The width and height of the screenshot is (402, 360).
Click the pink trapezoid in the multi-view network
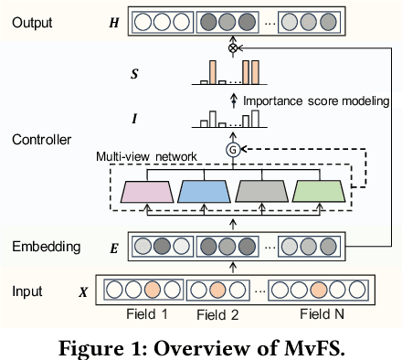click(x=148, y=191)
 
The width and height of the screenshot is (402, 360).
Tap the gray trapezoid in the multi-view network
click(x=261, y=191)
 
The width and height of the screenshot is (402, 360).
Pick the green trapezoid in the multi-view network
click(x=317, y=191)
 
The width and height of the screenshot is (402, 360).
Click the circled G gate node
click(x=231, y=148)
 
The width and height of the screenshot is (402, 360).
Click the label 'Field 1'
click(x=146, y=314)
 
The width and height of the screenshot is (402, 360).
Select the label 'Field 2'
click(x=216, y=315)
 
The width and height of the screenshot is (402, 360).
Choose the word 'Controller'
click(x=41, y=140)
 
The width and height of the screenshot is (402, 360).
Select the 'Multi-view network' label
click(x=146, y=157)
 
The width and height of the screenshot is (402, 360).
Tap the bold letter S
click(x=111, y=72)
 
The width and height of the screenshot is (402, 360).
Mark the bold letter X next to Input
click(x=85, y=293)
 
